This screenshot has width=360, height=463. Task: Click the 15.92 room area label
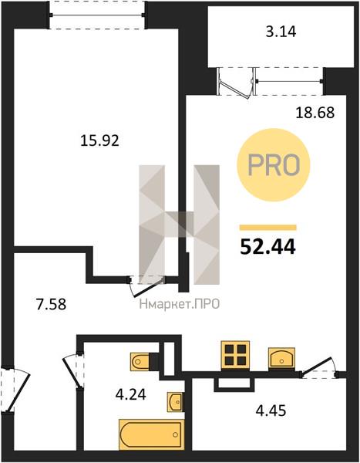[x=99, y=140]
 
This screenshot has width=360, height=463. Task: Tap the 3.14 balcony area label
[x=281, y=32]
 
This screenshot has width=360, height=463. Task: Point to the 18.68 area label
[x=315, y=113]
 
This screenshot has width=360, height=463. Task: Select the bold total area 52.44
[x=267, y=247]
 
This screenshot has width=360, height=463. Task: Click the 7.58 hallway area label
[x=51, y=304]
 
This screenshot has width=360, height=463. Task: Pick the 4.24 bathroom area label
[x=131, y=394]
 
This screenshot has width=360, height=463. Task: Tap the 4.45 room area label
[x=271, y=411]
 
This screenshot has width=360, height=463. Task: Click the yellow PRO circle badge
[x=274, y=165]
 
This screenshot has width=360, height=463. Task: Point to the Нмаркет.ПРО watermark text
[x=180, y=304]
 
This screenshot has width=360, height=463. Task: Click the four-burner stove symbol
[x=235, y=355]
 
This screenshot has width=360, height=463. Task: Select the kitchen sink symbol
[x=281, y=358]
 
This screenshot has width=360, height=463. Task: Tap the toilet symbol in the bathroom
[x=140, y=361]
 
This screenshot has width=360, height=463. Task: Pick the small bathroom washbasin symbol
[x=175, y=401]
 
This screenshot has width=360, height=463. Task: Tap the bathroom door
[x=72, y=371]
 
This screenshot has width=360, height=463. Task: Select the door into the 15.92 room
[x=147, y=285]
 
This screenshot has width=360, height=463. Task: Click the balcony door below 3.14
[x=235, y=82]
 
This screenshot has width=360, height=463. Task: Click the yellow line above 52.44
[x=267, y=228]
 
